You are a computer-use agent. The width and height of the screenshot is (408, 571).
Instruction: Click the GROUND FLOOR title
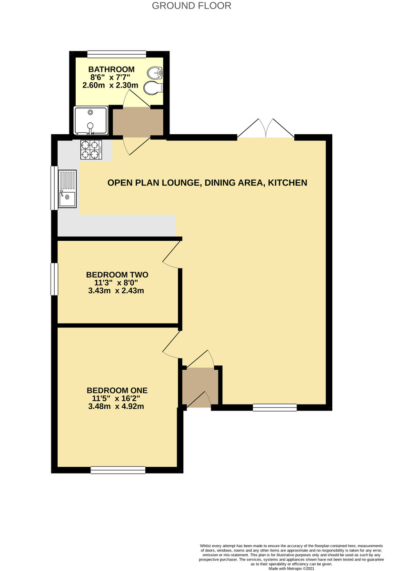click(x=192, y=6)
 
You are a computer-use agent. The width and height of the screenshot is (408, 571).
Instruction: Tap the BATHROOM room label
click(x=111, y=69)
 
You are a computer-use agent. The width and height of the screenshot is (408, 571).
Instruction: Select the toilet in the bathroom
click(x=154, y=88)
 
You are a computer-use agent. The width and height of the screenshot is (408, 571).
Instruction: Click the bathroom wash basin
click(x=155, y=73)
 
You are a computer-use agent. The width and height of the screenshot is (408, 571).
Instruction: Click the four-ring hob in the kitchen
click(x=92, y=149)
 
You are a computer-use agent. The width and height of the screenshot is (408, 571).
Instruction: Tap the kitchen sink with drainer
click(x=67, y=188)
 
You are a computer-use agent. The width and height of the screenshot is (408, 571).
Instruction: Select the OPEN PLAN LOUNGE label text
click(x=207, y=182)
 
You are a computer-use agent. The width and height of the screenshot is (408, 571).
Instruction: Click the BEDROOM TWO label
click(x=117, y=275)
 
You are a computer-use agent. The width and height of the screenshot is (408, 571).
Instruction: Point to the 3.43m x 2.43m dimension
click(x=116, y=290)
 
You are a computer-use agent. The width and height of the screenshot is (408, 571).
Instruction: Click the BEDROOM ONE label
click(x=117, y=390)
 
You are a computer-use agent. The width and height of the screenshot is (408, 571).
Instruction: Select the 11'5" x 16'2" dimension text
click(x=117, y=398)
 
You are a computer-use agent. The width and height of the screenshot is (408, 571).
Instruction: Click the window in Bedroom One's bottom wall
click(x=118, y=470)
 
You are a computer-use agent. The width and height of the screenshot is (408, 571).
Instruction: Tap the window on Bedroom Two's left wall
click(x=55, y=279)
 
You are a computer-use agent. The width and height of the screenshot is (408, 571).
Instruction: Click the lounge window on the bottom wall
click(x=275, y=407)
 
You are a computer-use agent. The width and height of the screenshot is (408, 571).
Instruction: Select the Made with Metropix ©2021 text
click(x=291, y=568)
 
